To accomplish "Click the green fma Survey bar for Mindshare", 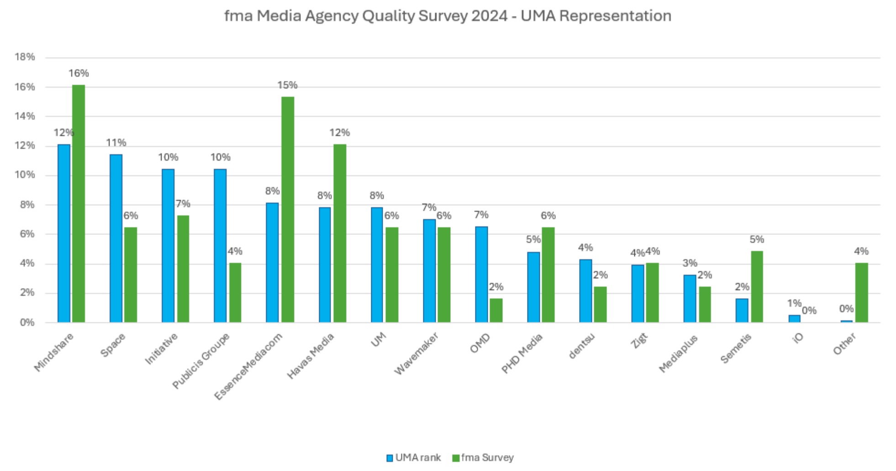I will pyautogui.click(x=79, y=204).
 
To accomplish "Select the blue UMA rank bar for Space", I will pyautogui.click(x=116, y=238).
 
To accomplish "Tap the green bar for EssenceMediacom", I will pyautogui.click(x=288, y=209).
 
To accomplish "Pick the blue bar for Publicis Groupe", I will pyautogui.click(x=220, y=246).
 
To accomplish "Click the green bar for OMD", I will pyautogui.click(x=496, y=310).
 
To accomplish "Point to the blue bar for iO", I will pyautogui.click(x=794, y=319).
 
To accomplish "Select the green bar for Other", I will pyautogui.click(x=861, y=293).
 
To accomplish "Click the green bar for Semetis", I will pyautogui.click(x=757, y=287).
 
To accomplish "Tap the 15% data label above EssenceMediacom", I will pyautogui.click(x=287, y=85).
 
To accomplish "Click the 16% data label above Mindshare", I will pyautogui.click(x=79, y=73).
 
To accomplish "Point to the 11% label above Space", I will pyautogui.click(x=116, y=143).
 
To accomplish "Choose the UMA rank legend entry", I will pyautogui.click(x=414, y=458).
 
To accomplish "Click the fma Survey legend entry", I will pyautogui.click(x=483, y=458).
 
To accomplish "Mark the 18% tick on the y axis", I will pyautogui.click(x=25, y=57).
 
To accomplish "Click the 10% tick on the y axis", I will pyautogui.click(x=25, y=175).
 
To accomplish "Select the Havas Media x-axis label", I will pyautogui.click(x=311, y=356).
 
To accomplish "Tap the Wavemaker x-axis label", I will pyautogui.click(x=416, y=353).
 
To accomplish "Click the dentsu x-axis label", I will pyautogui.click(x=582, y=346).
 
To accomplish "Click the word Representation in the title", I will pyautogui.click(x=615, y=16).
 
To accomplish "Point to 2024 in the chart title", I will pyautogui.click(x=489, y=16).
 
